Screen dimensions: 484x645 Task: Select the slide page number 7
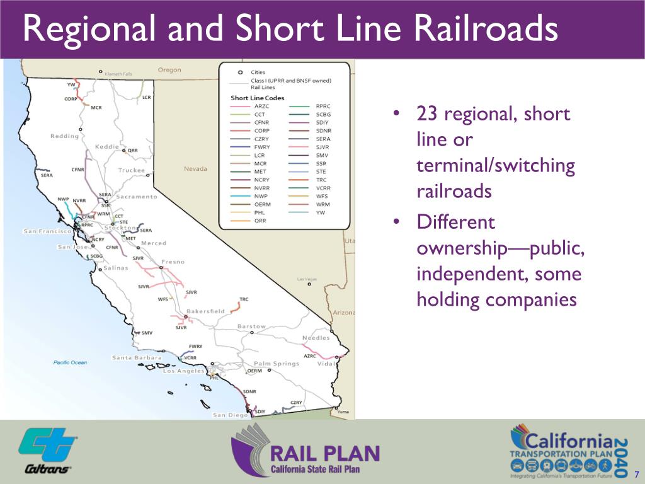tap(637, 475)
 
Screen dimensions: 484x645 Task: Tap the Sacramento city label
tap(137, 197)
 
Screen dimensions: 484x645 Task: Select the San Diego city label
tap(231, 415)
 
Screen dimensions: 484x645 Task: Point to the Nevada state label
tap(195, 169)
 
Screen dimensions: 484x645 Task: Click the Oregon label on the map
tap(169, 70)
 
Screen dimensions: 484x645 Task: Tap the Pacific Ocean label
tap(70, 362)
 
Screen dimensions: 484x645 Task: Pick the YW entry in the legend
tap(319, 213)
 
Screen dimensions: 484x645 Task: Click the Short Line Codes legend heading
tap(257, 98)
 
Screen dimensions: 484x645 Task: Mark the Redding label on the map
tap(64, 136)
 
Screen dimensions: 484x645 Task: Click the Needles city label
tap(316, 338)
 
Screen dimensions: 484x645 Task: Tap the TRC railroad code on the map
tap(244, 299)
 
